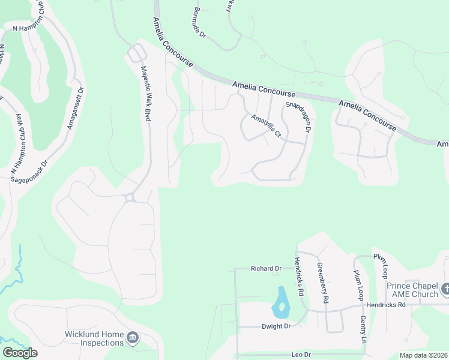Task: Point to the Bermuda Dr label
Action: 200,23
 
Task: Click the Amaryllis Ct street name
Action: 266,125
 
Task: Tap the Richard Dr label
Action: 266,269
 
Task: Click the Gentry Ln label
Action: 363,331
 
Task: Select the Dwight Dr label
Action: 276,326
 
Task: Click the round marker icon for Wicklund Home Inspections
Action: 133,340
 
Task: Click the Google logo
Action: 20,353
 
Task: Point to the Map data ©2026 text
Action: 423,355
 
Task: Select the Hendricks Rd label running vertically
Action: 298,278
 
